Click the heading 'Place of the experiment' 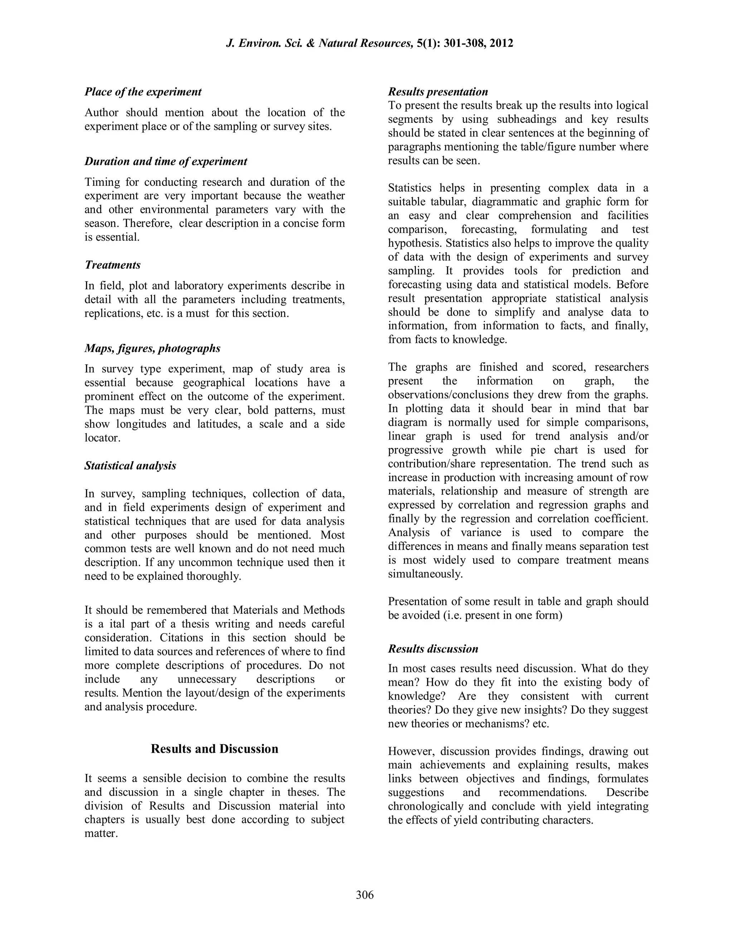[x=143, y=92]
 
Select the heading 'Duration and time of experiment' [x=165, y=161]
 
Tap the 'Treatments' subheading [x=112, y=265]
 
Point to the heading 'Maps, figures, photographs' [x=152, y=348]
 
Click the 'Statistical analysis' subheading [x=130, y=466]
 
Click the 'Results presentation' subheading [x=438, y=92]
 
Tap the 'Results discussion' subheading [x=433, y=649]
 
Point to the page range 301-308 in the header [x=464, y=43]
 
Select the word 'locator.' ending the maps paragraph [x=102, y=438]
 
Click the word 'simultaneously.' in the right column [x=425, y=574]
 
